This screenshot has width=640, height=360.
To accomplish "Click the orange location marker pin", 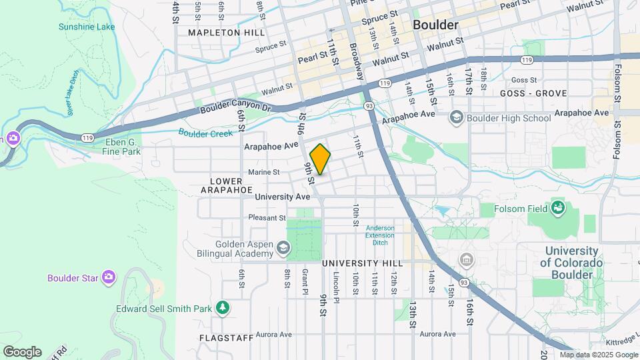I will (x=321, y=159).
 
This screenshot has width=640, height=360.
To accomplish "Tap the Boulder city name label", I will (x=435, y=25).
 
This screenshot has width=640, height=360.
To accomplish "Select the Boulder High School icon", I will (x=457, y=118).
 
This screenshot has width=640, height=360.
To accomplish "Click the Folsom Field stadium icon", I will (x=557, y=208).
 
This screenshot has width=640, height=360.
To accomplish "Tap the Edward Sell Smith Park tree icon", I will (x=223, y=308).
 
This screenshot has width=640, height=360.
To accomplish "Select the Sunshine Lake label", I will (x=87, y=27).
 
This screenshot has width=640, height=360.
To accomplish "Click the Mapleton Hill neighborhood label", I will (x=226, y=32).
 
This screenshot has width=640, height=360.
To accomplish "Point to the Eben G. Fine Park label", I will (x=123, y=147).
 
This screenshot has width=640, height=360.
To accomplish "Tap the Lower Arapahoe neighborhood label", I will (x=226, y=185).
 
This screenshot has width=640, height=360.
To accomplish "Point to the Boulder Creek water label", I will (x=205, y=133).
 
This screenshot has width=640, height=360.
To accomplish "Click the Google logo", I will (x=22, y=352).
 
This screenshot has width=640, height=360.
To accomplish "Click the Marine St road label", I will (x=263, y=172).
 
